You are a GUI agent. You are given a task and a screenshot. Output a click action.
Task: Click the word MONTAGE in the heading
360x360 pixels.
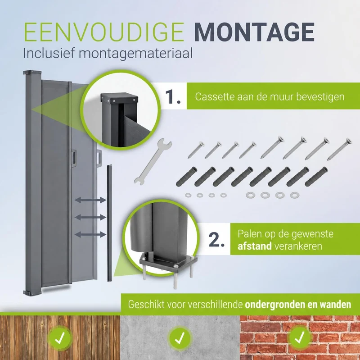[254, 32]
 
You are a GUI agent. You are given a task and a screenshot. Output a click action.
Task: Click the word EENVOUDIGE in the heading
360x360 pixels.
[104, 32]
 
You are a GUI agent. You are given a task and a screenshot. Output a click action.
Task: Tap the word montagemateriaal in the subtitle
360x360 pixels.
[136, 54]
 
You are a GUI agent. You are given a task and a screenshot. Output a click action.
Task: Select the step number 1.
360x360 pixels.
[173, 97]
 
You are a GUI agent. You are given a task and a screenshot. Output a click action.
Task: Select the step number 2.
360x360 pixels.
[216, 240]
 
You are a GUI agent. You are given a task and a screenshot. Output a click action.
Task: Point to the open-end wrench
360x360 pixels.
[153, 161]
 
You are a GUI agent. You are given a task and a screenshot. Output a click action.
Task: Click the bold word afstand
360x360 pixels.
[255, 246]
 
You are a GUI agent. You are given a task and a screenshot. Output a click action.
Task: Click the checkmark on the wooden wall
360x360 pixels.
[60, 337]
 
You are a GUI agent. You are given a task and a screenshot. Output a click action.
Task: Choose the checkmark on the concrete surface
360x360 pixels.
[180, 337]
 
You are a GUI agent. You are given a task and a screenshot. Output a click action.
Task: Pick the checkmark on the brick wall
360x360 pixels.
[300, 337]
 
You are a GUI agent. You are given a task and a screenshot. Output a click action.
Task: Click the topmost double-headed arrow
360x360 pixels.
[90, 200]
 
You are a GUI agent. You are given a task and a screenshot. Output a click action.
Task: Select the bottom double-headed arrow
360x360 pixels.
[90, 235]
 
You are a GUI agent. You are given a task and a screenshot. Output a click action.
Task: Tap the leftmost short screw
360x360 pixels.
[196, 150]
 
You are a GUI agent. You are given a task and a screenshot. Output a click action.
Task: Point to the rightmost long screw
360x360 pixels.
[339, 149]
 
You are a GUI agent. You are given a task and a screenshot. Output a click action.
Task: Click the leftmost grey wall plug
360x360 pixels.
[187, 176]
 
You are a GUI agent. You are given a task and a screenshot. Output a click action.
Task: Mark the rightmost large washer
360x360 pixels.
[295, 195]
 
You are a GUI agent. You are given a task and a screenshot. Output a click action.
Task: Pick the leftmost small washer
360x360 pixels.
[188, 195]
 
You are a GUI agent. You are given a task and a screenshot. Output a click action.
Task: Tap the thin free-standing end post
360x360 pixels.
[109, 223]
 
